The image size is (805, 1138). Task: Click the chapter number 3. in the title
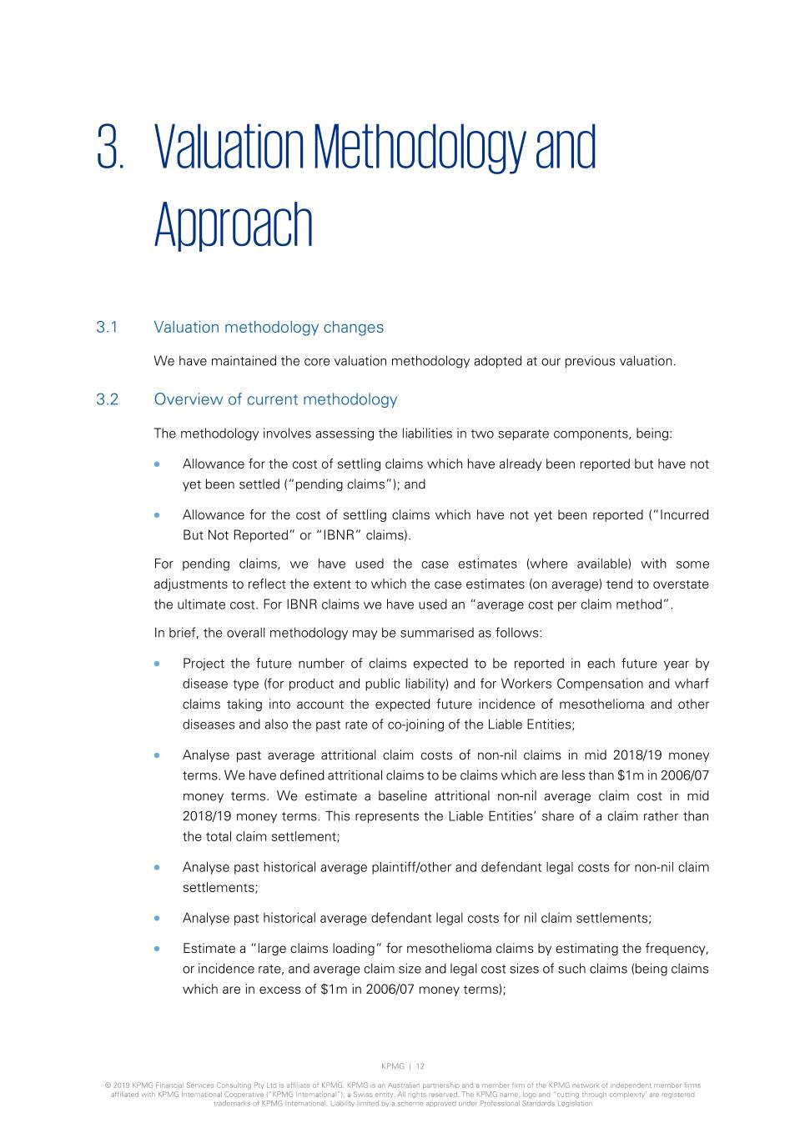(111, 148)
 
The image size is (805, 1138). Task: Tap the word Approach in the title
(233, 224)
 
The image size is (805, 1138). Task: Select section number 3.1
(107, 328)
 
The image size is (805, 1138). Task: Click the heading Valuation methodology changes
(269, 328)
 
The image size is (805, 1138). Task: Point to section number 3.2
(108, 399)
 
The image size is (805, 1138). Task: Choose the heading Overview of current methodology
(275, 399)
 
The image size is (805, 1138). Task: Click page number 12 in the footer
(420, 1066)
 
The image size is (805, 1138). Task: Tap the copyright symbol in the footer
(108, 1085)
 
